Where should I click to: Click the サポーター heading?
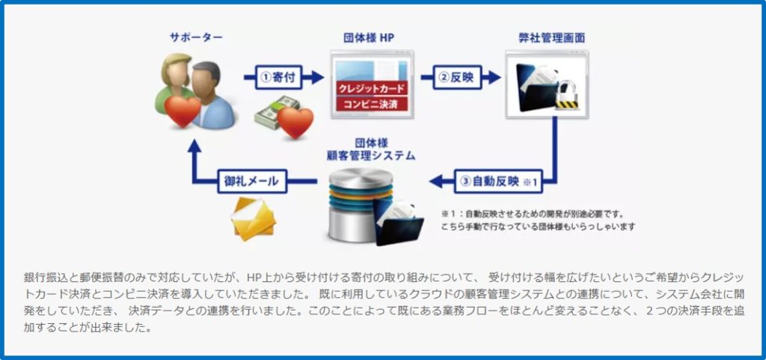tap(196, 37)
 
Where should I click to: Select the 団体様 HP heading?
tap(370, 37)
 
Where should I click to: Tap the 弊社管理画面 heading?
tap(551, 37)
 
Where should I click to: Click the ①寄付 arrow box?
tap(278, 77)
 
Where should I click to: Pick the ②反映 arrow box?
tap(457, 77)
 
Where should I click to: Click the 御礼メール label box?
tap(252, 182)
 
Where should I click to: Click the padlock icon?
tap(567, 94)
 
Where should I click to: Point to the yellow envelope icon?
tap(254, 219)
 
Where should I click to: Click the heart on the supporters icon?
tap(183, 110)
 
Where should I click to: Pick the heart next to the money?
tap(295, 122)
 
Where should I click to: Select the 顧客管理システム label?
tap(371, 156)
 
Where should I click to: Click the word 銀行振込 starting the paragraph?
tap(43, 278)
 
